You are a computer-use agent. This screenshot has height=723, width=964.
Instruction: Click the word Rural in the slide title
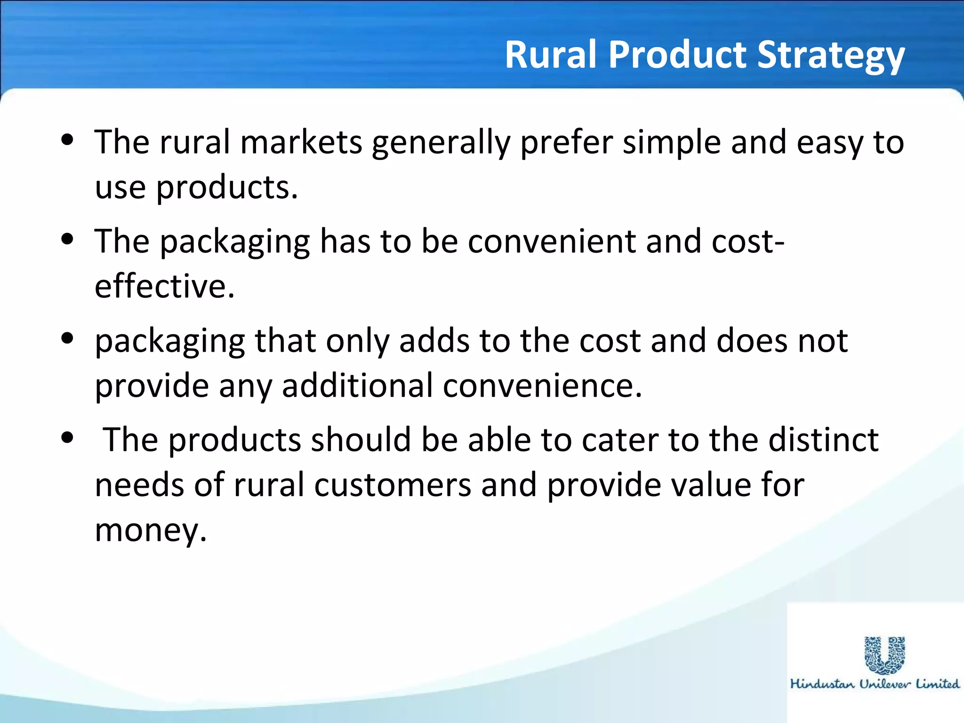tap(550, 55)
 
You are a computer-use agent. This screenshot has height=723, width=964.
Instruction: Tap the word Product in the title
tap(678, 55)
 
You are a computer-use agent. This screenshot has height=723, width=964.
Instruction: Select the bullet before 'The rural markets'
tap(68, 140)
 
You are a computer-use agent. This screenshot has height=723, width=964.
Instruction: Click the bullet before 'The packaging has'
tap(68, 239)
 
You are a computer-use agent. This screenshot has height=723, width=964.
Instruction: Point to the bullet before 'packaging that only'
tap(68, 338)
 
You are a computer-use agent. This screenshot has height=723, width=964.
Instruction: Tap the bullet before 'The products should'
tap(68, 438)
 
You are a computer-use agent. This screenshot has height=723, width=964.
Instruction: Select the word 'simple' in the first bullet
tap(672, 143)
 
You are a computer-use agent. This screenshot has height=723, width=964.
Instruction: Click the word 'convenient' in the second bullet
tap(551, 241)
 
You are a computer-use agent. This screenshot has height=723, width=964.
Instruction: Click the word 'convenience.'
tap(542, 386)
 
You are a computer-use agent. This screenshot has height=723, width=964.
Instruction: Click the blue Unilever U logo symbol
tap(885, 655)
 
